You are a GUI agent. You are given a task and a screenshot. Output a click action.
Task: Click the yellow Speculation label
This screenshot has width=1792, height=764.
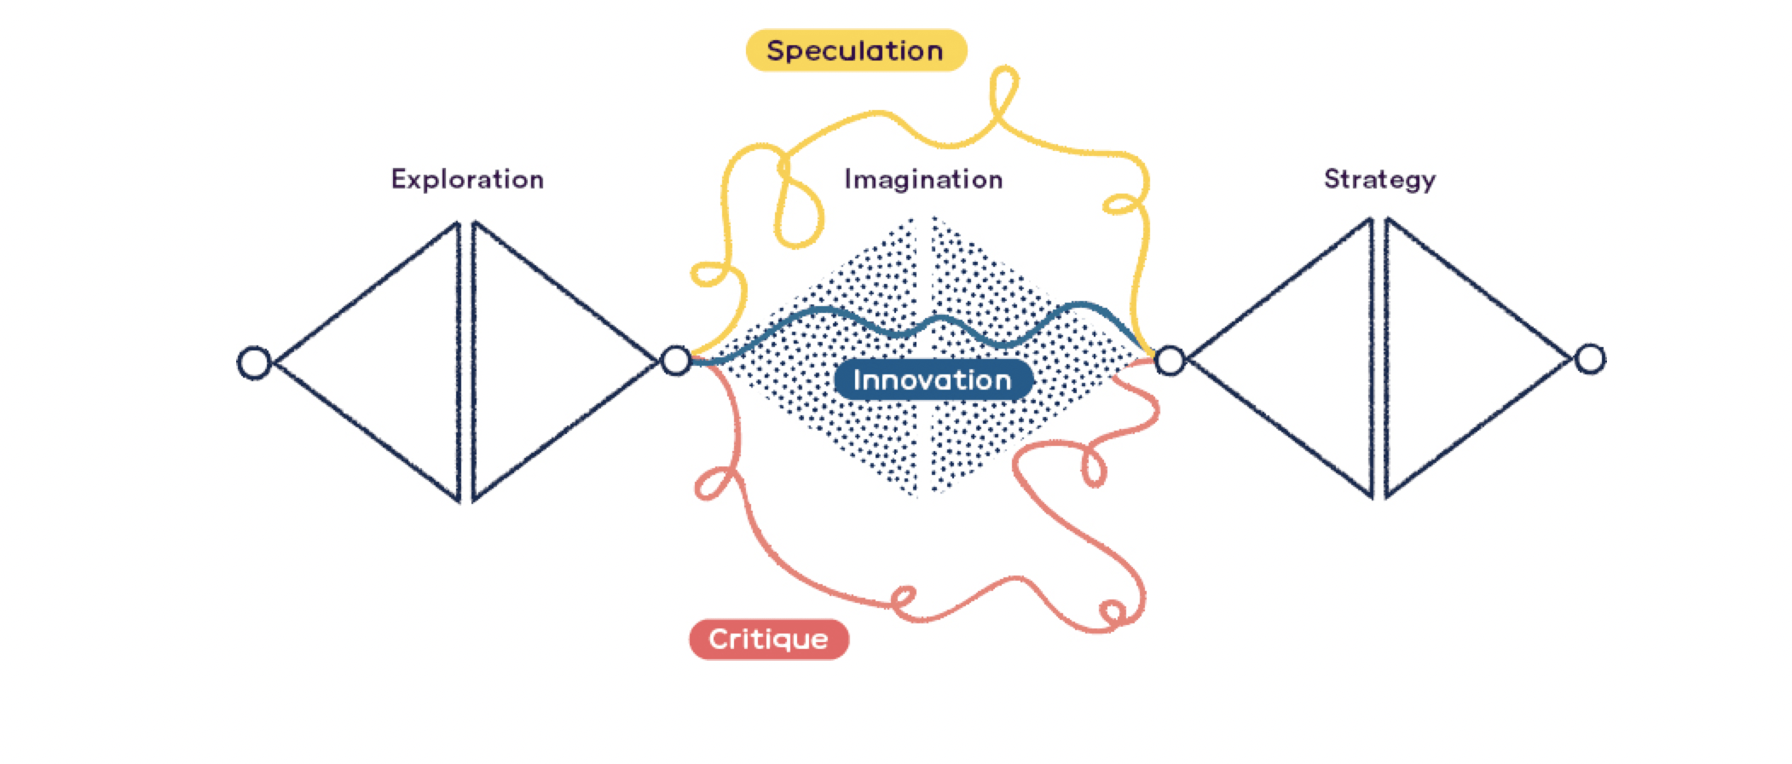click(856, 50)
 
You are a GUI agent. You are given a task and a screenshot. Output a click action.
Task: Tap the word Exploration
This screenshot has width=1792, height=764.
click(467, 179)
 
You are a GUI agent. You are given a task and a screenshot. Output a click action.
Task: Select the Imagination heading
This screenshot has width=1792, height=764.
click(923, 179)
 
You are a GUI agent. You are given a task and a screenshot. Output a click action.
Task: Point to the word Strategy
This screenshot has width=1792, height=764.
click(1379, 179)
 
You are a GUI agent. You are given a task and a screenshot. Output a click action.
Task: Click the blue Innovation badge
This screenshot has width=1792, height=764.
click(933, 380)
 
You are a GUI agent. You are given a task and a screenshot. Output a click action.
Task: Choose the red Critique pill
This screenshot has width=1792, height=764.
click(768, 639)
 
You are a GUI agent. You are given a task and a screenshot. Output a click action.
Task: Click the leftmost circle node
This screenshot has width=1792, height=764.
click(254, 362)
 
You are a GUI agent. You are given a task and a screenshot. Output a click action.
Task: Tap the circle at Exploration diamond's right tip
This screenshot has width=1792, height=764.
click(676, 361)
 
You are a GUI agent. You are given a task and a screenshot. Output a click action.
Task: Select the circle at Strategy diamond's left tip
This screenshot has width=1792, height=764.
click(1170, 361)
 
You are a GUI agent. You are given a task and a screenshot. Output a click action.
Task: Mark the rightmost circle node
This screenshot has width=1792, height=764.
click(1590, 359)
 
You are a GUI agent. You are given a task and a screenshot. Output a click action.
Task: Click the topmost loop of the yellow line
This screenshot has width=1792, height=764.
click(1004, 90)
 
